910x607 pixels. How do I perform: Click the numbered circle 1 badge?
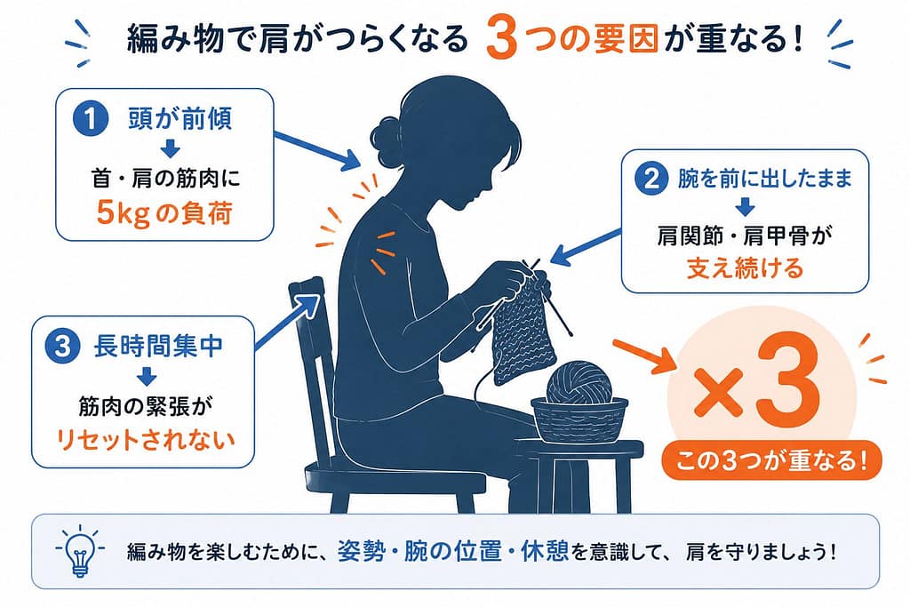(x=91, y=118)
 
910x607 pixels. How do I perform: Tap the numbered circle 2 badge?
(x=651, y=178)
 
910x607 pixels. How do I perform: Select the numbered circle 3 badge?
(x=63, y=347)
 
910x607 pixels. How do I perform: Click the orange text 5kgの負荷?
(x=164, y=213)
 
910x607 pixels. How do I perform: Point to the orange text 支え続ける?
(x=745, y=268)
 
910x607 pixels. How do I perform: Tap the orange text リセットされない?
(x=145, y=439)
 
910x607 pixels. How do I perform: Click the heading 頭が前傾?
(x=180, y=118)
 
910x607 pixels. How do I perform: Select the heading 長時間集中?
(x=158, y=346)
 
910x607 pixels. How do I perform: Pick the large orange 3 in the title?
(x=501, y=38)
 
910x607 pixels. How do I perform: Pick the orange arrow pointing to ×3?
(x=645, y=355)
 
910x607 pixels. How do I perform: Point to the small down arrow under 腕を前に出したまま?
(x=745, y=207)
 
